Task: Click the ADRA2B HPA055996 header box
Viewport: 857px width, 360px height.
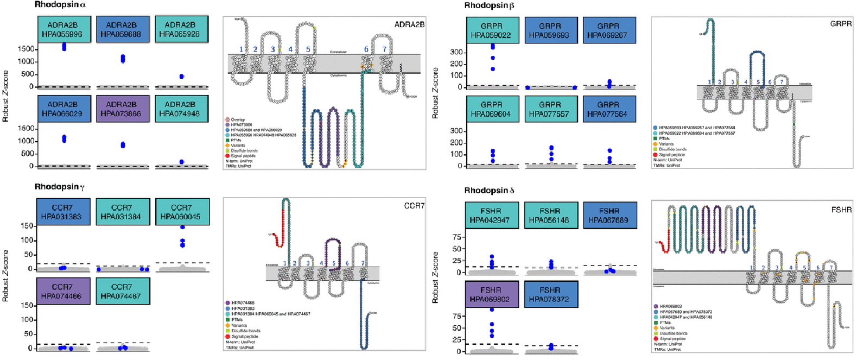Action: coord(62,29)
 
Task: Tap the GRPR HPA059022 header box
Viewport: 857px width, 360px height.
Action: coord(492,30)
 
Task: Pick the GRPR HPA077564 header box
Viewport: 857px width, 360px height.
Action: coord(608,109)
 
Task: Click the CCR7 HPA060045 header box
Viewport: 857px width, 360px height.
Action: coord(181,212)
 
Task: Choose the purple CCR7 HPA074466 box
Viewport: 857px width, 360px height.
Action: coord(62,291)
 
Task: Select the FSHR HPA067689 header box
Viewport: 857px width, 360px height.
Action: coord(609,215)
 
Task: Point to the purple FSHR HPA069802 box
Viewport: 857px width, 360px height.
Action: coord(490,294)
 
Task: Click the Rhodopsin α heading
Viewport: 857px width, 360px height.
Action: coord(60,5)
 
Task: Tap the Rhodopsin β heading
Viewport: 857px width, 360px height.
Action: coord(489,5)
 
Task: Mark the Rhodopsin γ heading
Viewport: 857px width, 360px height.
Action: coord(59,187)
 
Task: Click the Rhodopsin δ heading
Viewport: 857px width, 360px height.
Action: coord(489,191)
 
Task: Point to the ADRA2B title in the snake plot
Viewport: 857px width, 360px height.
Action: coord(409,24)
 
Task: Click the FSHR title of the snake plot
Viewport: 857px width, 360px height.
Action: coord(841,210)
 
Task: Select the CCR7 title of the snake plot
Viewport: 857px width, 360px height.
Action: coord(414,206)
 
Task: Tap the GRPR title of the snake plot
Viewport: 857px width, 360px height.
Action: coord(841,24)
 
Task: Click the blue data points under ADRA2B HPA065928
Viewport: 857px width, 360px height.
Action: coord(181,77)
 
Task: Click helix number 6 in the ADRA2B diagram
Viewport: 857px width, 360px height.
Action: coord(366,49)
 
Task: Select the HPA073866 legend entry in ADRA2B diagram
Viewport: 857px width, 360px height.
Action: coord(241,125)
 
